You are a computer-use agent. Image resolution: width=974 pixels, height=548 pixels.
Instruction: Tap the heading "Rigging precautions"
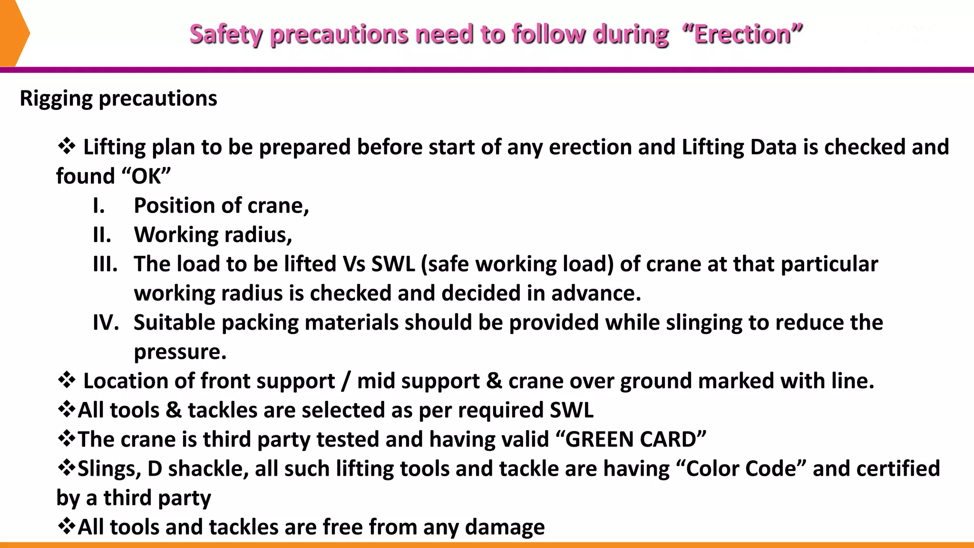118,98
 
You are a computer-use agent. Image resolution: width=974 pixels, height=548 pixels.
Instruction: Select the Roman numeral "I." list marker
98,206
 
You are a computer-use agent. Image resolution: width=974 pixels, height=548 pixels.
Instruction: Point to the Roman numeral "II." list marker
102,235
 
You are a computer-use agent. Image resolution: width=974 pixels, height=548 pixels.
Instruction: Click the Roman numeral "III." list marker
105,264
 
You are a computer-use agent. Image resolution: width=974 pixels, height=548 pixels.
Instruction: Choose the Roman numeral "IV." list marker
106,323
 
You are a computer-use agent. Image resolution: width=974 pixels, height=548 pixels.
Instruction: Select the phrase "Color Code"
741,469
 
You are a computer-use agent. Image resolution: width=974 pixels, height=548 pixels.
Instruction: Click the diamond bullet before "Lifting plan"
67,146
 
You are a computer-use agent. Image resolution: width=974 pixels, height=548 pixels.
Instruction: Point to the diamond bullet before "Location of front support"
67,380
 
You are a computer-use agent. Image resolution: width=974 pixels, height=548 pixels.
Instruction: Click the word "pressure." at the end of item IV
180,352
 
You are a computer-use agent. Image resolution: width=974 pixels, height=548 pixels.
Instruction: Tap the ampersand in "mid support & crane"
494,381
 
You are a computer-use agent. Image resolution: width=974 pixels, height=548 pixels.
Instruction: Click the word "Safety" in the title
226,34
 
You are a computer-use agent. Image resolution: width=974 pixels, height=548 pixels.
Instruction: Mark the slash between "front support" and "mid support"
346,381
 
